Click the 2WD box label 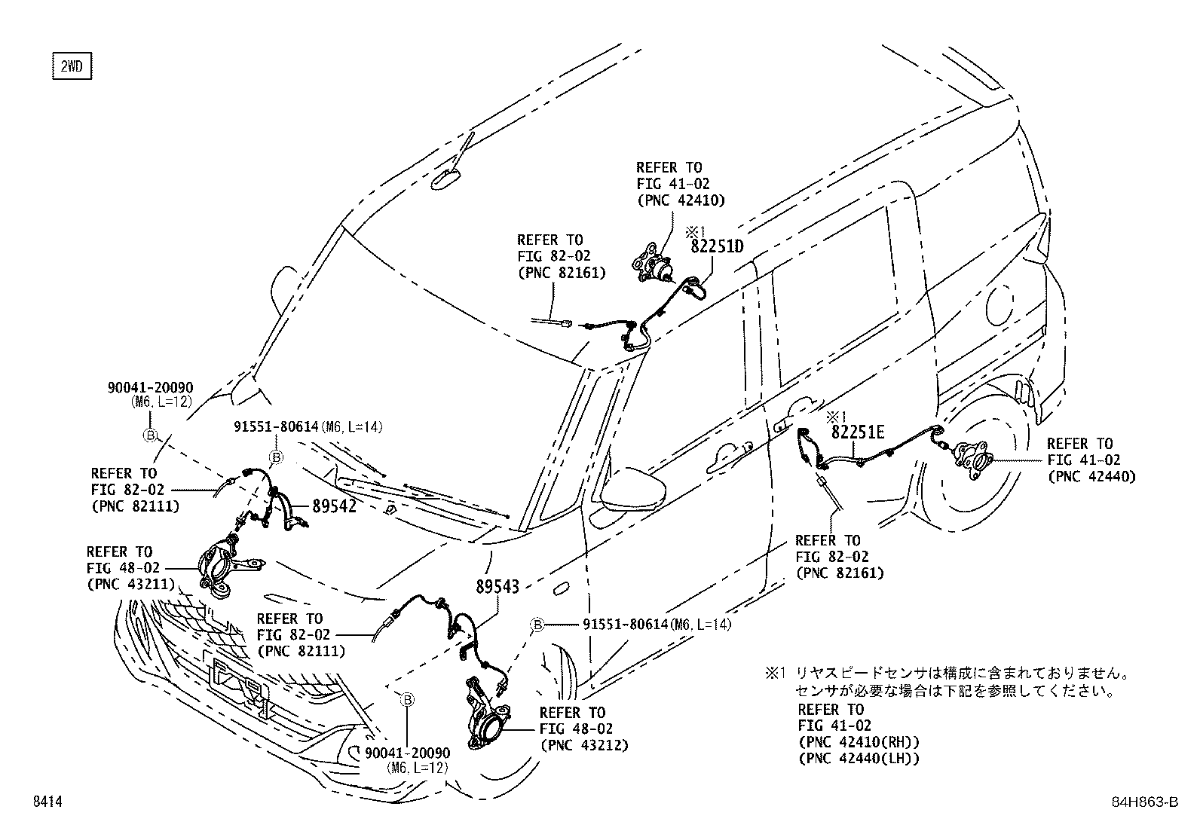pos(71,67)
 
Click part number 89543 pos(497,587)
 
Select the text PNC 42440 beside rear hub pos(1091,476)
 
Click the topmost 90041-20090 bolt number pos(150,388)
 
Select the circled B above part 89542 pos(276,457)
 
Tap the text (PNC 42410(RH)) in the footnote pos(858,742)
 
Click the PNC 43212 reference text pos(583,745)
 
